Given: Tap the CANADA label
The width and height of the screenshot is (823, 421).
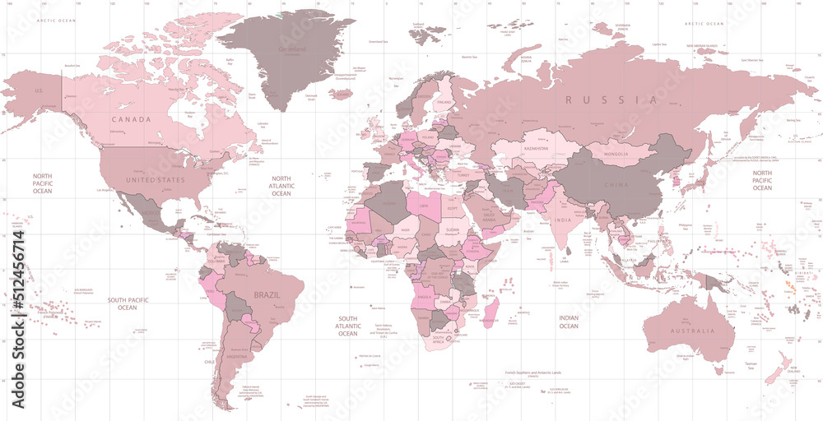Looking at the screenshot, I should tap(132, 120).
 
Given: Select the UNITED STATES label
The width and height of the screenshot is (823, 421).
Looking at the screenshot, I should tap(153, 178).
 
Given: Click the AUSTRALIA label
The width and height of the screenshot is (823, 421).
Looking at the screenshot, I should tap(690, 331).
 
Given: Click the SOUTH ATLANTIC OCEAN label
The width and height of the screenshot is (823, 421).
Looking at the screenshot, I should tap(348, 326).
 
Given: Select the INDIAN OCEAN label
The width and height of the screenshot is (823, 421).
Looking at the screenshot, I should tap(569, 321).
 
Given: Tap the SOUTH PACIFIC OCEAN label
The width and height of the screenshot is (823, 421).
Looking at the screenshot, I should tap(127, 303).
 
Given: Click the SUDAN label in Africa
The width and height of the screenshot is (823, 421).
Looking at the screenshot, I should tap(452, 230).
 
